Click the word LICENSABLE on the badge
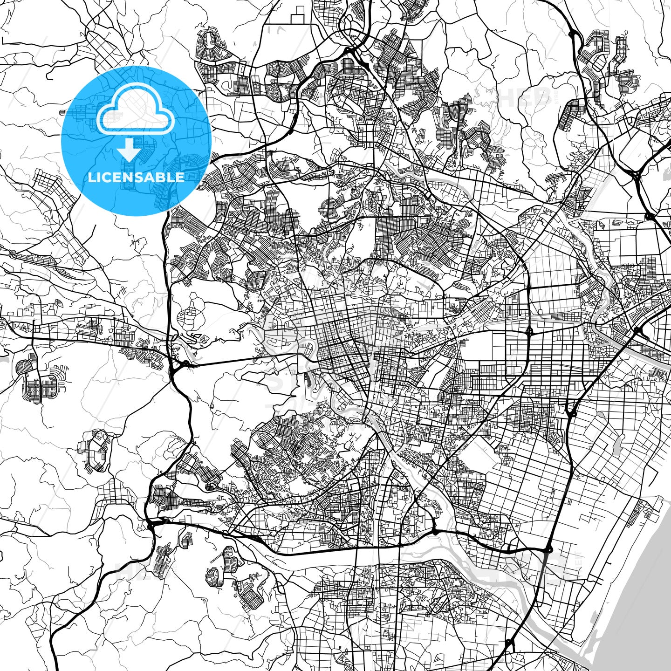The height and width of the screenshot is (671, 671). (x=136, y=177)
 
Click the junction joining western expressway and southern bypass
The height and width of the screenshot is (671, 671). (x=151, y=526)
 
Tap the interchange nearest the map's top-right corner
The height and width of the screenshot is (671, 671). (x=649, y=216)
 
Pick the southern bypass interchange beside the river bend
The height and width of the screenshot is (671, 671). (x=434, y=531)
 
